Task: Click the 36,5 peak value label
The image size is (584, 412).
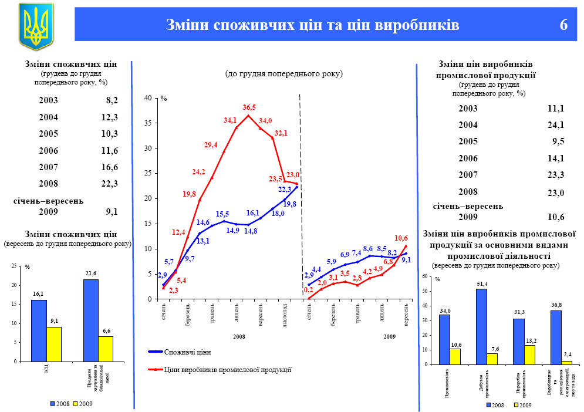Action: pyautogui.click(x=249, y=107)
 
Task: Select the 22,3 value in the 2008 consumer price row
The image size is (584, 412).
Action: pyautogui.click(x=109, y=184)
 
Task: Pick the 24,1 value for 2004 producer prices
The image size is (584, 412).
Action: pyautogui.click(x=555, y=124)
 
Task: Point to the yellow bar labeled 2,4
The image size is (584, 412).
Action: pyautogui.click(x=566, y=363)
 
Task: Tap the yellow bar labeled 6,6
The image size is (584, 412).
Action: pyautogui.click(x=106, y=349)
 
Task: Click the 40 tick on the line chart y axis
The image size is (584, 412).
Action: pyautogui.click(x=147, y=98)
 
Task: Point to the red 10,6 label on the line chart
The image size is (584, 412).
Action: pyautogui.click(x=401, y=238)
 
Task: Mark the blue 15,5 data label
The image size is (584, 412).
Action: pyautogui.click(x=222, y=214)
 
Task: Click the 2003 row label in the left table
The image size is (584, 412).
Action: pyautogui.click(x=48, y=100)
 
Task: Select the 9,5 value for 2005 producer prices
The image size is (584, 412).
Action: pyautogui.click(x=558, y=141)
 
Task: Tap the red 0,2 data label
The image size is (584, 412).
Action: pyautogui.click(x=308, y=290)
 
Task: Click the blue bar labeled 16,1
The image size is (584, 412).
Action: pyautogui.click(x=39, y=330)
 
